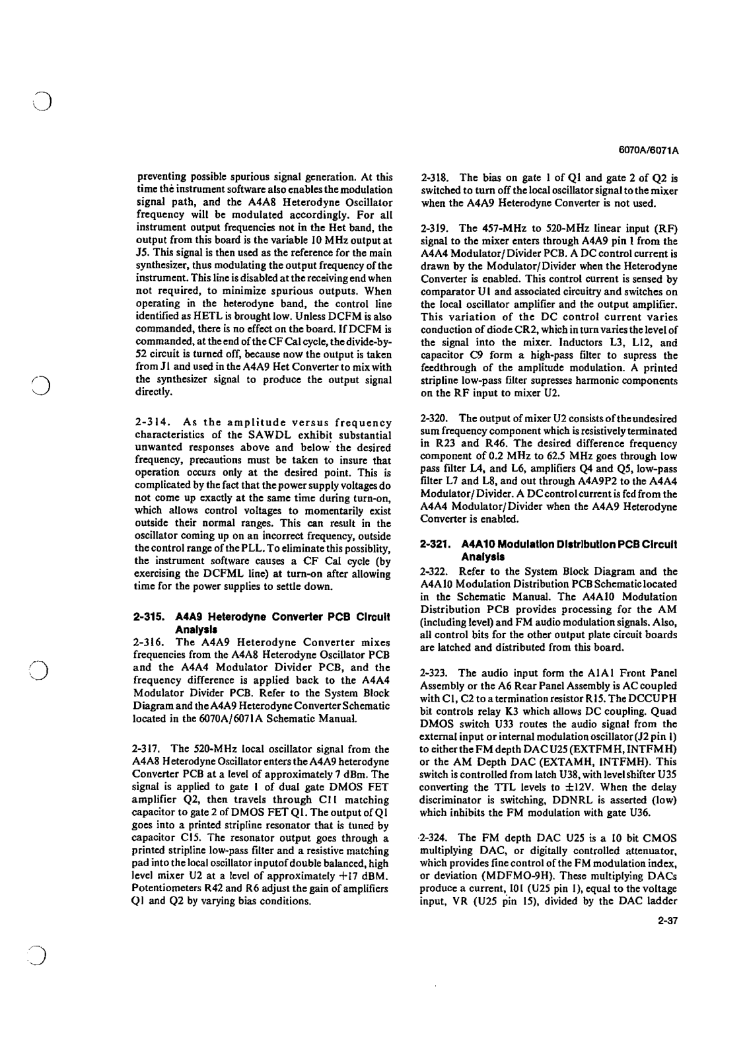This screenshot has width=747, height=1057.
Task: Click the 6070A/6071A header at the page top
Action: (649, 151)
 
